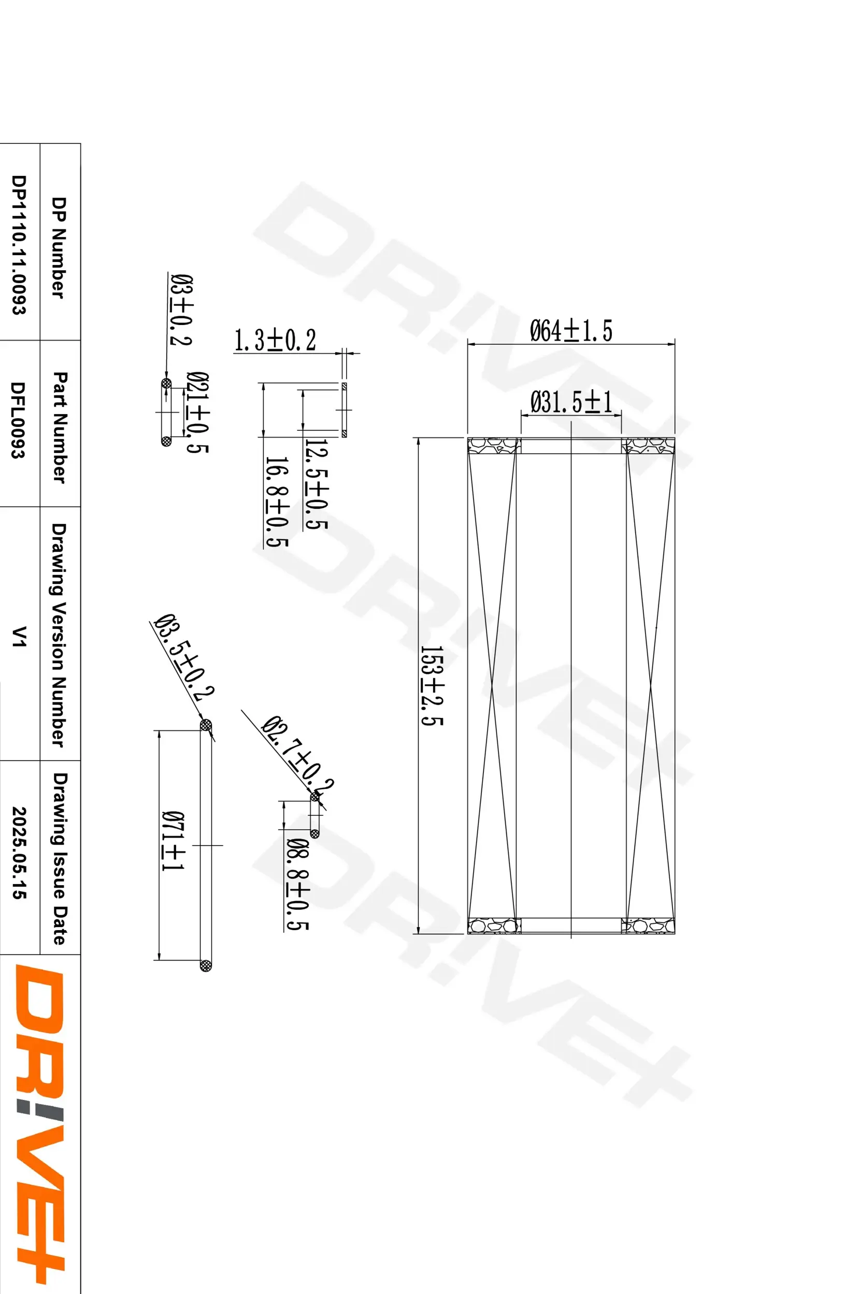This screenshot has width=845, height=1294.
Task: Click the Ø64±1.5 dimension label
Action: (571, 331)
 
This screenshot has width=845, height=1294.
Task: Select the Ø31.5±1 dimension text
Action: (571, 402)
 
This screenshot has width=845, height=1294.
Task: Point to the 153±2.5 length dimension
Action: (433, 686)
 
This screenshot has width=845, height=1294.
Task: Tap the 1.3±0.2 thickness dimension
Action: (275, 341)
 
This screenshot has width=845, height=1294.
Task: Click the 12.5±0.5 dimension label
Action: (316, 484)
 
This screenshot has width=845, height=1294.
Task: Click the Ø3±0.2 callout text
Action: (180, 309)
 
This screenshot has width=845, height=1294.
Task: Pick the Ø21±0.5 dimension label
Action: (197, 412)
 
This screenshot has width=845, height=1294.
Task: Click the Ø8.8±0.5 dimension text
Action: (297, 884)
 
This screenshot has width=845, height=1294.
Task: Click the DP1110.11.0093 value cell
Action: (19, 245)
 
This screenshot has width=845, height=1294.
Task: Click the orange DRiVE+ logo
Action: (39, 1125)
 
